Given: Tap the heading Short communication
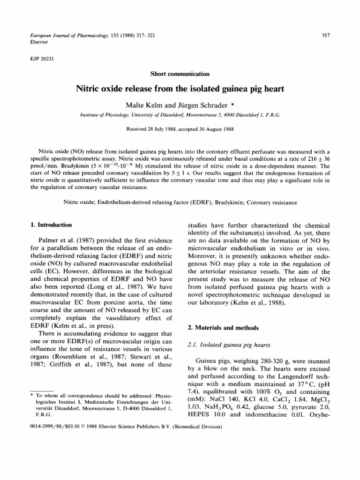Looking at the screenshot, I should (180, 74).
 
